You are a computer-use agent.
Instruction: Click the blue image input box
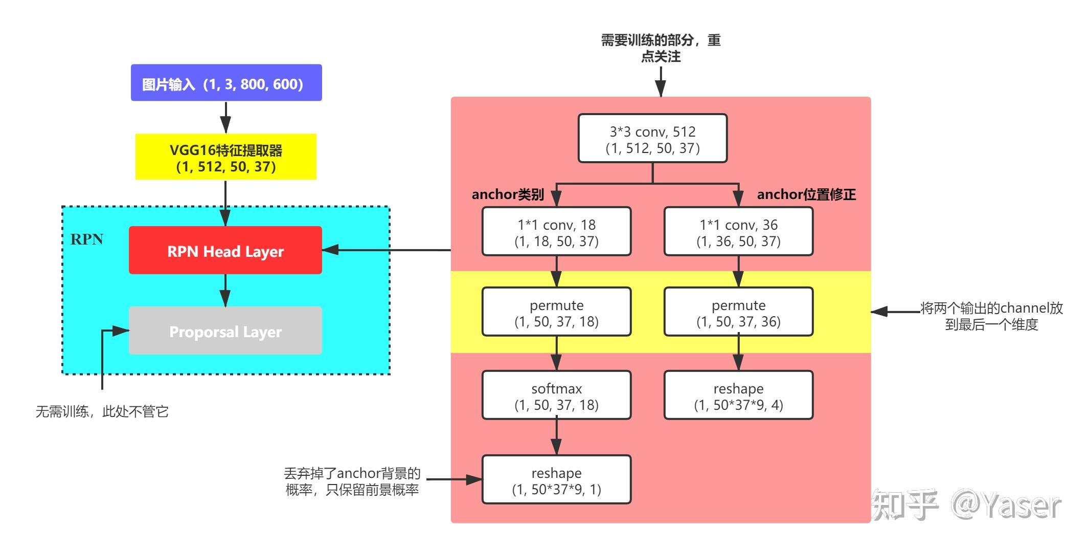(x=226, y=83)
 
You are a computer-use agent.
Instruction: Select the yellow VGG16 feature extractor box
(x=225, y=157)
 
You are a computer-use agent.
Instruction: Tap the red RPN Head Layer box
(x=225, y=251)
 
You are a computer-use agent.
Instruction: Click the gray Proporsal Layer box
(x=225, y=331)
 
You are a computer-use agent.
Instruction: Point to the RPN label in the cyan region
(x=86, y=239)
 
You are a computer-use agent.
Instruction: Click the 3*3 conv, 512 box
(x=652, y=139)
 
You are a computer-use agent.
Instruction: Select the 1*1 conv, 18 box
(x=556, y=232)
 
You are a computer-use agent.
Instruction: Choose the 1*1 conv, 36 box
(x=738, y=232)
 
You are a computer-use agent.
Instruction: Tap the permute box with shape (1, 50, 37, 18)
(x=556, y=312)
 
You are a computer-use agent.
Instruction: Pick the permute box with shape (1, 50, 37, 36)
(x=738, y=312)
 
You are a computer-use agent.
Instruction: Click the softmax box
(x=556, y=396)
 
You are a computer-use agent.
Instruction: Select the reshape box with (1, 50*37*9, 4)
(x=738, y=396)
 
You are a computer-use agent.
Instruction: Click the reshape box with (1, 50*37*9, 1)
(x=556, y=480)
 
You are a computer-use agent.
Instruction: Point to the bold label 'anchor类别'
(x=507, y=195)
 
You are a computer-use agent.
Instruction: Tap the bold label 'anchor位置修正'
(x=806, y=195)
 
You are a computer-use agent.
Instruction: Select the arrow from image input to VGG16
(x=225, y=117)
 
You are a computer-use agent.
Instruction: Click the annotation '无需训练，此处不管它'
(x=102, y=412)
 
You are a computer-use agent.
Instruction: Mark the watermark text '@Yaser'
(x=1006, y=506)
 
